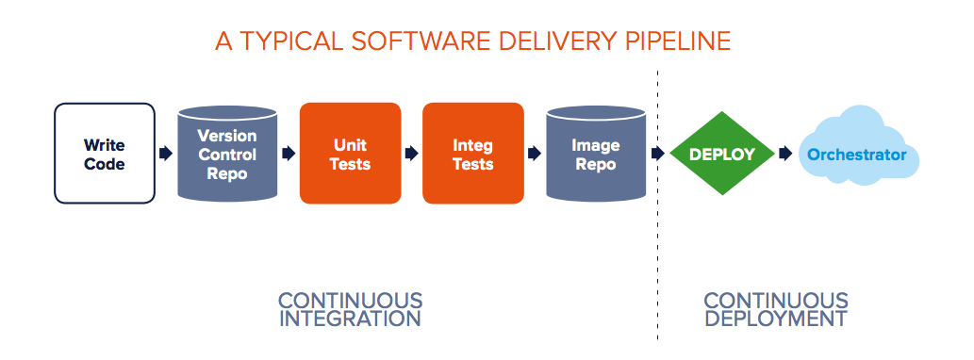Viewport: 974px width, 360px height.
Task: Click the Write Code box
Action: (105, 154)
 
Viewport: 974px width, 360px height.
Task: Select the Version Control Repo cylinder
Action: (227, 154)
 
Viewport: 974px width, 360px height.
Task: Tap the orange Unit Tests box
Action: (350, 154)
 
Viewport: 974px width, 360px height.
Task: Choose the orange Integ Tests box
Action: (472, 154)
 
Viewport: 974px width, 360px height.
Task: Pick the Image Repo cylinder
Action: (596, 154)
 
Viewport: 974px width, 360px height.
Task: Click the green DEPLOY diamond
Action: (722, 154)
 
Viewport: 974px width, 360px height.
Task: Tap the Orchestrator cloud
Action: (858, 154)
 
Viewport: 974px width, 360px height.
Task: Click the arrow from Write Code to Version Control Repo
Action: (166, 154)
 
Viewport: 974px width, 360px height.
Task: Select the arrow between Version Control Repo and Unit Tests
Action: (289, 154)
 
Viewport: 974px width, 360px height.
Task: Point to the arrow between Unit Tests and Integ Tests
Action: (411, 154)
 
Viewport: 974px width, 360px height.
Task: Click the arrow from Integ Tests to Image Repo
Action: (535, 154)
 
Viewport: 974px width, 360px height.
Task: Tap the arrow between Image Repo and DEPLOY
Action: (657, 154)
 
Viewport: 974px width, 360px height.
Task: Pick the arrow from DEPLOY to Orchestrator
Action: (784, 154)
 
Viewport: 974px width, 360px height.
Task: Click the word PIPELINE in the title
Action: (670, 41)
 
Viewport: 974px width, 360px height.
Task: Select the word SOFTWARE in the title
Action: (399, 41)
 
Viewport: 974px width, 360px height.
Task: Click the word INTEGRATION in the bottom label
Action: (350, 319)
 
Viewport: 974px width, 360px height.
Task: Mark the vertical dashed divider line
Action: (658, 236)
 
